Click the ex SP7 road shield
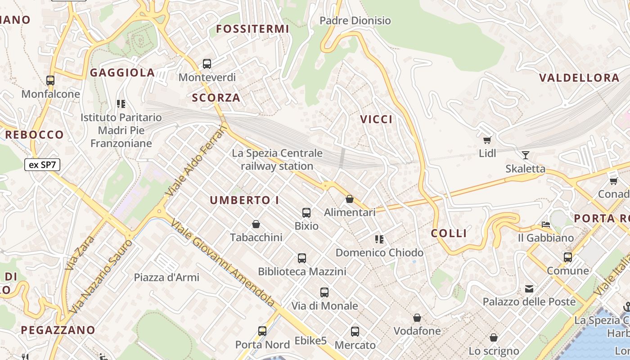(42, 165)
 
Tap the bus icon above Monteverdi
(207, 64)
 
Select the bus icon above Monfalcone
(50, 81)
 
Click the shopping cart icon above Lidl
(487, 140)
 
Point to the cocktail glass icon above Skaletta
(525, 155)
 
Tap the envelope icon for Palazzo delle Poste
(529, 288)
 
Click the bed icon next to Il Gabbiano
(546, 224)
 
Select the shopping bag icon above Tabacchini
(256, 224)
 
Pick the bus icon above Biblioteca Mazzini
(302, 258)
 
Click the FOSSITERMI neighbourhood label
(252, 29)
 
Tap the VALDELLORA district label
(579, 78)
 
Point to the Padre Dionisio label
(355, 21)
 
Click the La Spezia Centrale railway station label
(277, 159)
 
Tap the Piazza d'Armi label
(166, 277)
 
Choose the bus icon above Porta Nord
(262, 331)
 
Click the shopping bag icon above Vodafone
(417, 318)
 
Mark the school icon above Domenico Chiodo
(379, 239)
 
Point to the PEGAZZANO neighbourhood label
(58, 330)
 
